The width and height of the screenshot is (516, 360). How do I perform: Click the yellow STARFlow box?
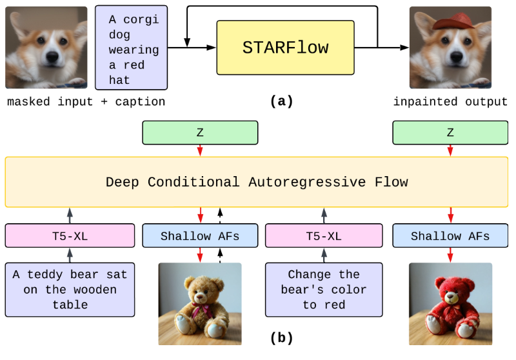(285, 48)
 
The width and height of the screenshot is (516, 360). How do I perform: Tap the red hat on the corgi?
(453, 22)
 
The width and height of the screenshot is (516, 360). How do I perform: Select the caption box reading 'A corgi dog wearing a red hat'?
(132, 47)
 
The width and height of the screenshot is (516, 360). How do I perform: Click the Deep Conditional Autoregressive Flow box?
(257, 182)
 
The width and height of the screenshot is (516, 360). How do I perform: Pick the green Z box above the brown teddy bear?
(200, 133)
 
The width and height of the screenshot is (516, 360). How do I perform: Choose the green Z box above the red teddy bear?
(450, 133)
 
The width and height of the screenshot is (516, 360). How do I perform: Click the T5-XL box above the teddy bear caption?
(70, 235)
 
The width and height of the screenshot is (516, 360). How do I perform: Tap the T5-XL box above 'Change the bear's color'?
(324, 235)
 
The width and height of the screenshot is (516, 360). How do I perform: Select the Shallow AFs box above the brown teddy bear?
(200, 235)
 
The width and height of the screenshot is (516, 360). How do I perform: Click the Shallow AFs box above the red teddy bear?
(450, 235)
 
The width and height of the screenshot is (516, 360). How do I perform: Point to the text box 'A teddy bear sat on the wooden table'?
(70, 290)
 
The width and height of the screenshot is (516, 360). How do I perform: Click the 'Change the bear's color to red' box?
(324, 290)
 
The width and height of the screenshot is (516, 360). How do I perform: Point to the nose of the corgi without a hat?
(52, 56)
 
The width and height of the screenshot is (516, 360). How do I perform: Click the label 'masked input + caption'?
(86, 102)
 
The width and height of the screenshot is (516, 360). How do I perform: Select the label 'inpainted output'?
(450, 102)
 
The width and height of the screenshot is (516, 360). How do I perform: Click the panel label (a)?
(281, 101)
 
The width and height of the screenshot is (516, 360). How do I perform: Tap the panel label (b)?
(281, 338)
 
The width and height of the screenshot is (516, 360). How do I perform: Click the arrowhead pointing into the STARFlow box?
(212, 48)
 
